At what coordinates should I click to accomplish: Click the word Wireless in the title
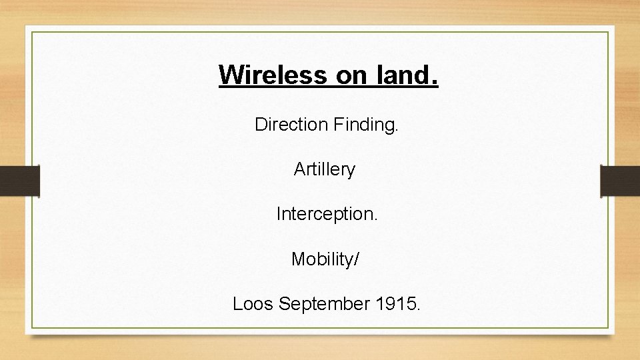273,75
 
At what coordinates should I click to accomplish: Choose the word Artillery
325,170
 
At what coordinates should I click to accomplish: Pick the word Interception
326,214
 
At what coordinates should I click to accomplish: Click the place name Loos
253,304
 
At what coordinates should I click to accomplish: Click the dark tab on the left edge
19,181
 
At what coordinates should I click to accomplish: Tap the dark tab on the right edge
620,181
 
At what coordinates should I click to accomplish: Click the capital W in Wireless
229,75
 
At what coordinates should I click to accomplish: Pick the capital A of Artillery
299,170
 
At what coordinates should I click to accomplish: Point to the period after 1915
418,309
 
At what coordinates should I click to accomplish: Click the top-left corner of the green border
31,32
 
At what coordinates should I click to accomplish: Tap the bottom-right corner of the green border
608,327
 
